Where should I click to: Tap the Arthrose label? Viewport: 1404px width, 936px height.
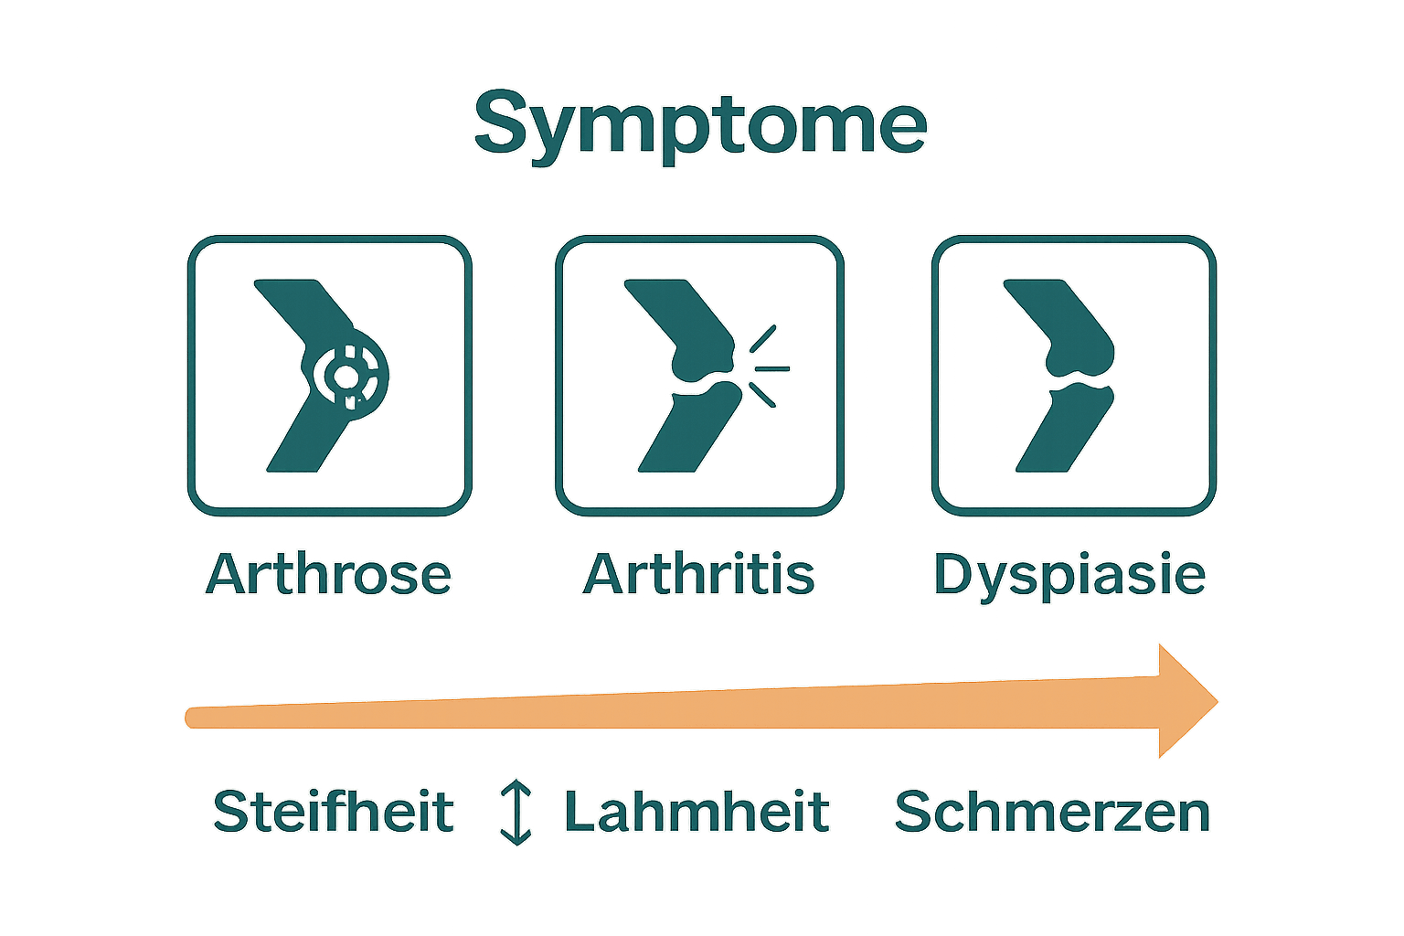pyautogui.click(x=329, y=574)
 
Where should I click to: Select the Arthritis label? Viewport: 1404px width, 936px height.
pyautogui.click(x=699, y=574)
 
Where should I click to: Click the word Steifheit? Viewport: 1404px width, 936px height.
pyautogui.click(x=334, y=812)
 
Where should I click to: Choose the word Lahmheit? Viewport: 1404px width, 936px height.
pyautogui.click(x=697, y=812)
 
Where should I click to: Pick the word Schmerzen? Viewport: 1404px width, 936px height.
pyautogui.click(x=1052, y=812)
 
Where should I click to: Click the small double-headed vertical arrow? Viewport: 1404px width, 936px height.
pyautogui.click(x=516, y=812)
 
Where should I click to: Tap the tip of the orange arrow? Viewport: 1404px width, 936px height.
pyautogui.click(x=1218, y=702)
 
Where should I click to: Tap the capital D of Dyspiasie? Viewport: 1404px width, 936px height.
pyautogui.click(x=955, y=574)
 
